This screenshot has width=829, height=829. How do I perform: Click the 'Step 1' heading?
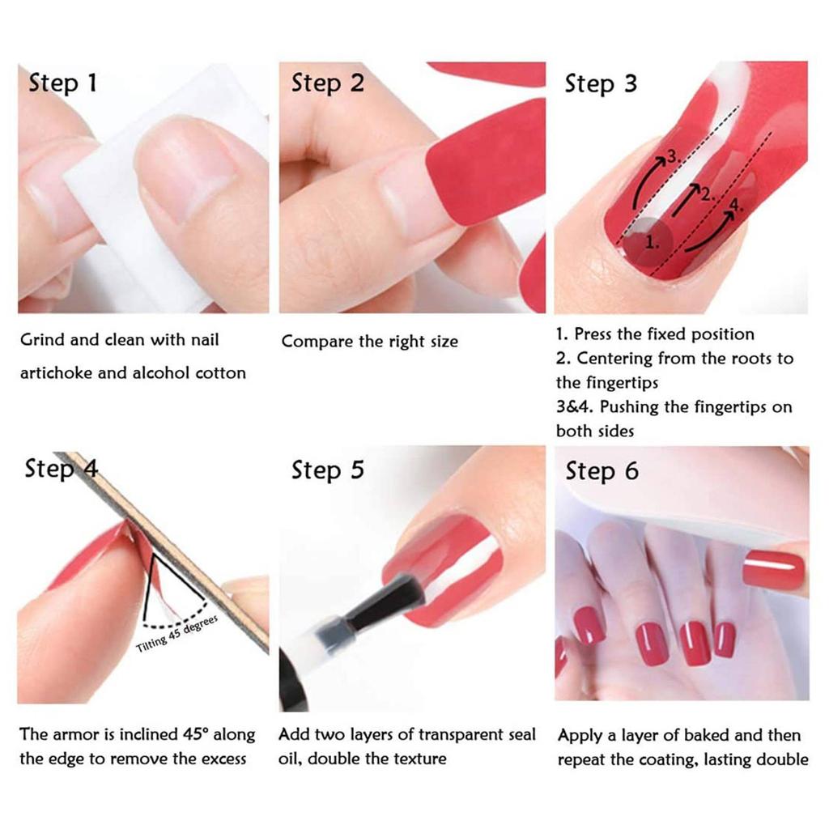63,83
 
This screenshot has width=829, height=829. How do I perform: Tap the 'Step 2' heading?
328,83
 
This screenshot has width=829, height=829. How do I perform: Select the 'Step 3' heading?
602,83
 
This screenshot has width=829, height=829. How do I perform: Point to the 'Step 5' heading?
328,470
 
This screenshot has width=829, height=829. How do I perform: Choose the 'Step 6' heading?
602,470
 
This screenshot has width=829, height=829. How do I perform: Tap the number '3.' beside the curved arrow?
673,156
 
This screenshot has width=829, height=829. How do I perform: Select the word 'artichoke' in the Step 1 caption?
56,372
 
